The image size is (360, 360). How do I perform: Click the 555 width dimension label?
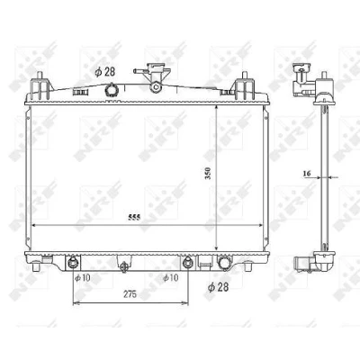point(134,218)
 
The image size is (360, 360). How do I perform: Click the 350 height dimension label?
point(208,174)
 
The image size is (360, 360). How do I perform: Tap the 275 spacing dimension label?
point(130,294)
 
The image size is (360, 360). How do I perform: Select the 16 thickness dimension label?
point(307,174)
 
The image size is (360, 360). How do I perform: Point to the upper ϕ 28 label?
point(105,72)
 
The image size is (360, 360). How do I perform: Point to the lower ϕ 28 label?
point(218,287)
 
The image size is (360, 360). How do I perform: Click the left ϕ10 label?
point(83,278)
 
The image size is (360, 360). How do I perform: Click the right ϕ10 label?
point(170,277)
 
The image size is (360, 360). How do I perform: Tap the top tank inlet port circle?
point(111,89)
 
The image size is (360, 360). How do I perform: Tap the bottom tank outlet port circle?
point(223,263)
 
